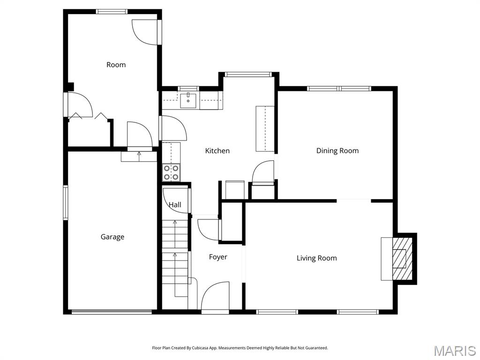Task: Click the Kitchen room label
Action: click(x=217, y=151)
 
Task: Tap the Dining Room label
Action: click(x=337, y=151)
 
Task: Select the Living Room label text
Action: click(x=316, y=258)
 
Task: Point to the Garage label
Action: click(x=112, y=237)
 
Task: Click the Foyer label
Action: click(x=218, y=257)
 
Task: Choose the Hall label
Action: click(x=175, y=205)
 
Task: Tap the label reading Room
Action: click(x=116, y=65)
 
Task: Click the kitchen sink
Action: click(x=188, y=100)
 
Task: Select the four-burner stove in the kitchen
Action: click(x=171, y=172)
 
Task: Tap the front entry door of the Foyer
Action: click(x=215, y=298)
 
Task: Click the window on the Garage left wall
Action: click(x=66, y=202)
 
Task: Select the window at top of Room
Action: click(x=112, y=11)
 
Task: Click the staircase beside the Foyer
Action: click(x=175, y=258)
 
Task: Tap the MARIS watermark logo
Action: click(x=454, y=351)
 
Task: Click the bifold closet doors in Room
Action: click(x=89, y=115)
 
